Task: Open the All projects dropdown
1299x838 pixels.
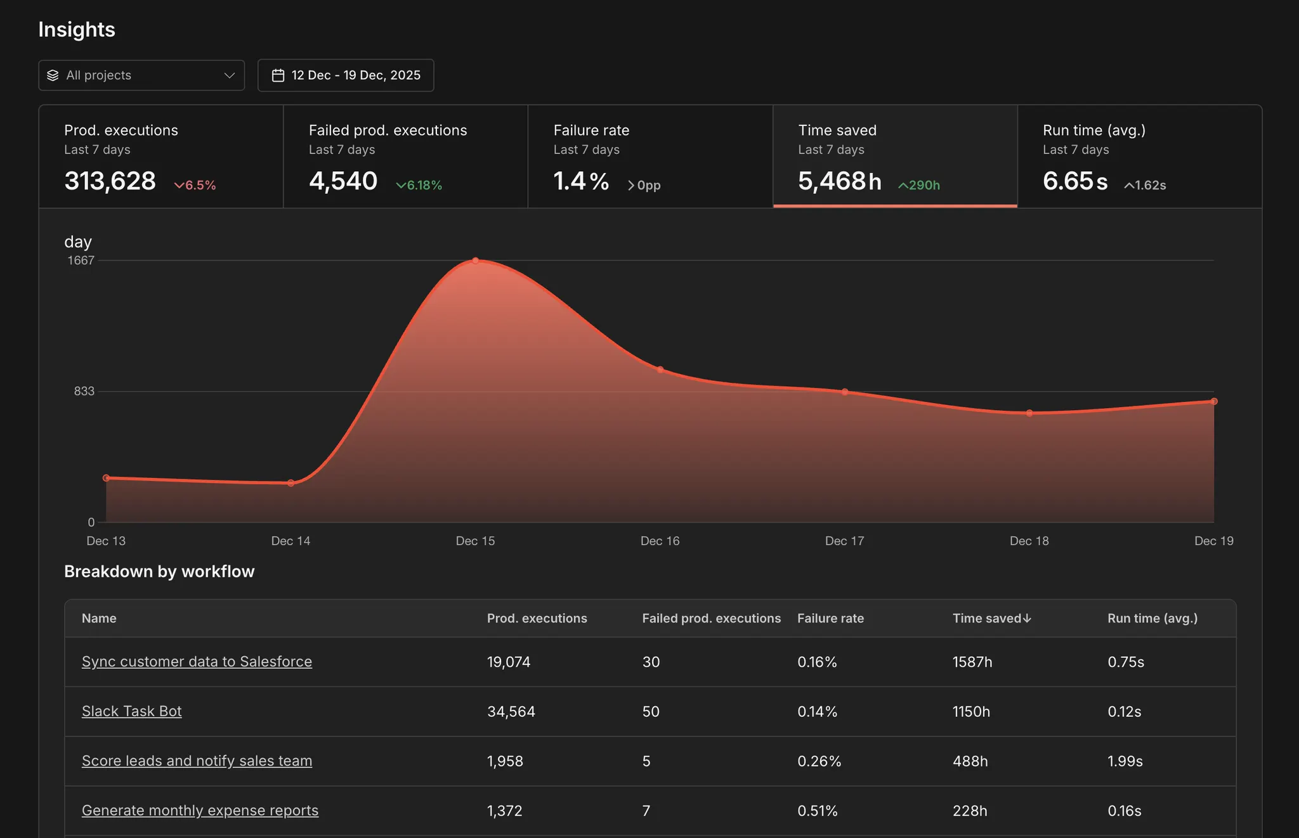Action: [141, 75]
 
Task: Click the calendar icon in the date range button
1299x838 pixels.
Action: [278, 75]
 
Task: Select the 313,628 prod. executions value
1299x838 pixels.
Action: [110, 181]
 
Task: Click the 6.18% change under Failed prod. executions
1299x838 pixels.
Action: [419, 185]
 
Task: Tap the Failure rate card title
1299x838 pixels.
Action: [591, 130]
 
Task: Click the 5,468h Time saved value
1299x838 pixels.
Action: [839, 181]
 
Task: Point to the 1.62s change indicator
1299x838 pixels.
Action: [1145, 185]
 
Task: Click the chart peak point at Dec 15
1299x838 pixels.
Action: [475, 261]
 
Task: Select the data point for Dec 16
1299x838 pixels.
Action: [660, 370]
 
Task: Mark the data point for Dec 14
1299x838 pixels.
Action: [290, 483]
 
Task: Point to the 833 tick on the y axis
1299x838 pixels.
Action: [84, 391]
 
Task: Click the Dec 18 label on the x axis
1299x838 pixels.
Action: [1029, 541]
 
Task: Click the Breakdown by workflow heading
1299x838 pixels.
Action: [159, 571]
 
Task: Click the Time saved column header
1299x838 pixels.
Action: [991, 618]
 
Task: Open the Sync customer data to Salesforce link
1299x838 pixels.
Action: [197, 661]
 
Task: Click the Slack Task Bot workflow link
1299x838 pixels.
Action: [131, 711]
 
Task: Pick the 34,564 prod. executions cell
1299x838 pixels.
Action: [511, 711]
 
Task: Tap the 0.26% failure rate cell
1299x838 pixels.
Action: [819, 761]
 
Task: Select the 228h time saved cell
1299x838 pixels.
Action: [970, 811]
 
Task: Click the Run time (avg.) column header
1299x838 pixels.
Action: [1152, 618]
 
